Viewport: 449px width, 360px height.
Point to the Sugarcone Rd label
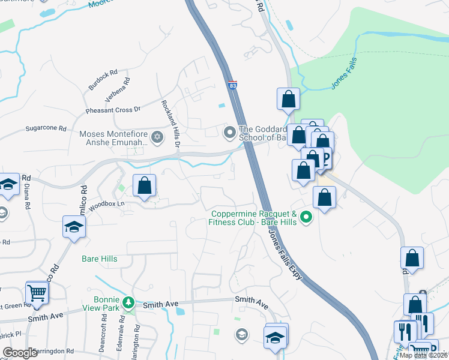click(x=45, y=128)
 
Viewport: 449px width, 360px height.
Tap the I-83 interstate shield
click(x=233, y=86)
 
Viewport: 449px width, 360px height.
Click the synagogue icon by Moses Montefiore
click(x=157, y=138)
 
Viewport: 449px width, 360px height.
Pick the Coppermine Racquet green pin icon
click(x=307, y=217)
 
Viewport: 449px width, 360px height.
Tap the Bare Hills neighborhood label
click(x=100, y=259)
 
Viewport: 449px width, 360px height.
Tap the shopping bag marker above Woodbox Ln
click(x=145, y=185)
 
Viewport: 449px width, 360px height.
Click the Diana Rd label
click(x=28, y=196)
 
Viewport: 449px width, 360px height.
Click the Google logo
click(x=20, y=353)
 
